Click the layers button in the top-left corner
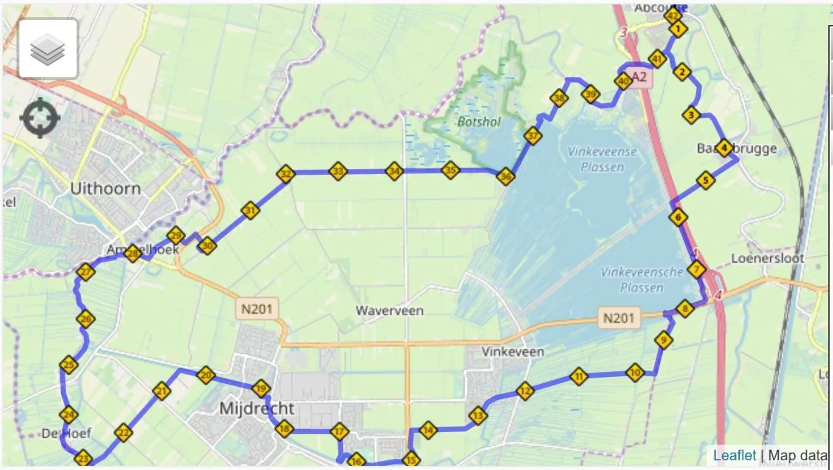click(x=48, y=49)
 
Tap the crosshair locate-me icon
click(x=40, y=118)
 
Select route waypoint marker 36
click(x=505, y=176)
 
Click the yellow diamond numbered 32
click(x=285, y=174)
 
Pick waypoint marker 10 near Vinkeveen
click(x=635, y=372)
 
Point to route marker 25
click(x=69, y=365)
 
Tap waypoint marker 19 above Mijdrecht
click(x=261, y=388)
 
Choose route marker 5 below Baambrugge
click(x=705, y=180)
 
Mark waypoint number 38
click(x=559, y=98)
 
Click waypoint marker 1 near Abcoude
click(x=678, y=29)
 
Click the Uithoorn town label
click(x=105, y=189)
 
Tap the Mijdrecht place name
click(x=256, y=408)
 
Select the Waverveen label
click(x=389, y=310)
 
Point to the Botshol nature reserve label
click(x=479, y=122)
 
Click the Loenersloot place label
click(x=767, y=258)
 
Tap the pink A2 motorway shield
click(x=639, y=78)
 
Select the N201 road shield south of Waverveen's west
click(x=257, y=309)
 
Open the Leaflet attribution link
click(x=735, y=455)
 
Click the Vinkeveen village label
click(x=512, y=351)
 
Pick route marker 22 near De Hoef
click(x=124, y=432)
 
